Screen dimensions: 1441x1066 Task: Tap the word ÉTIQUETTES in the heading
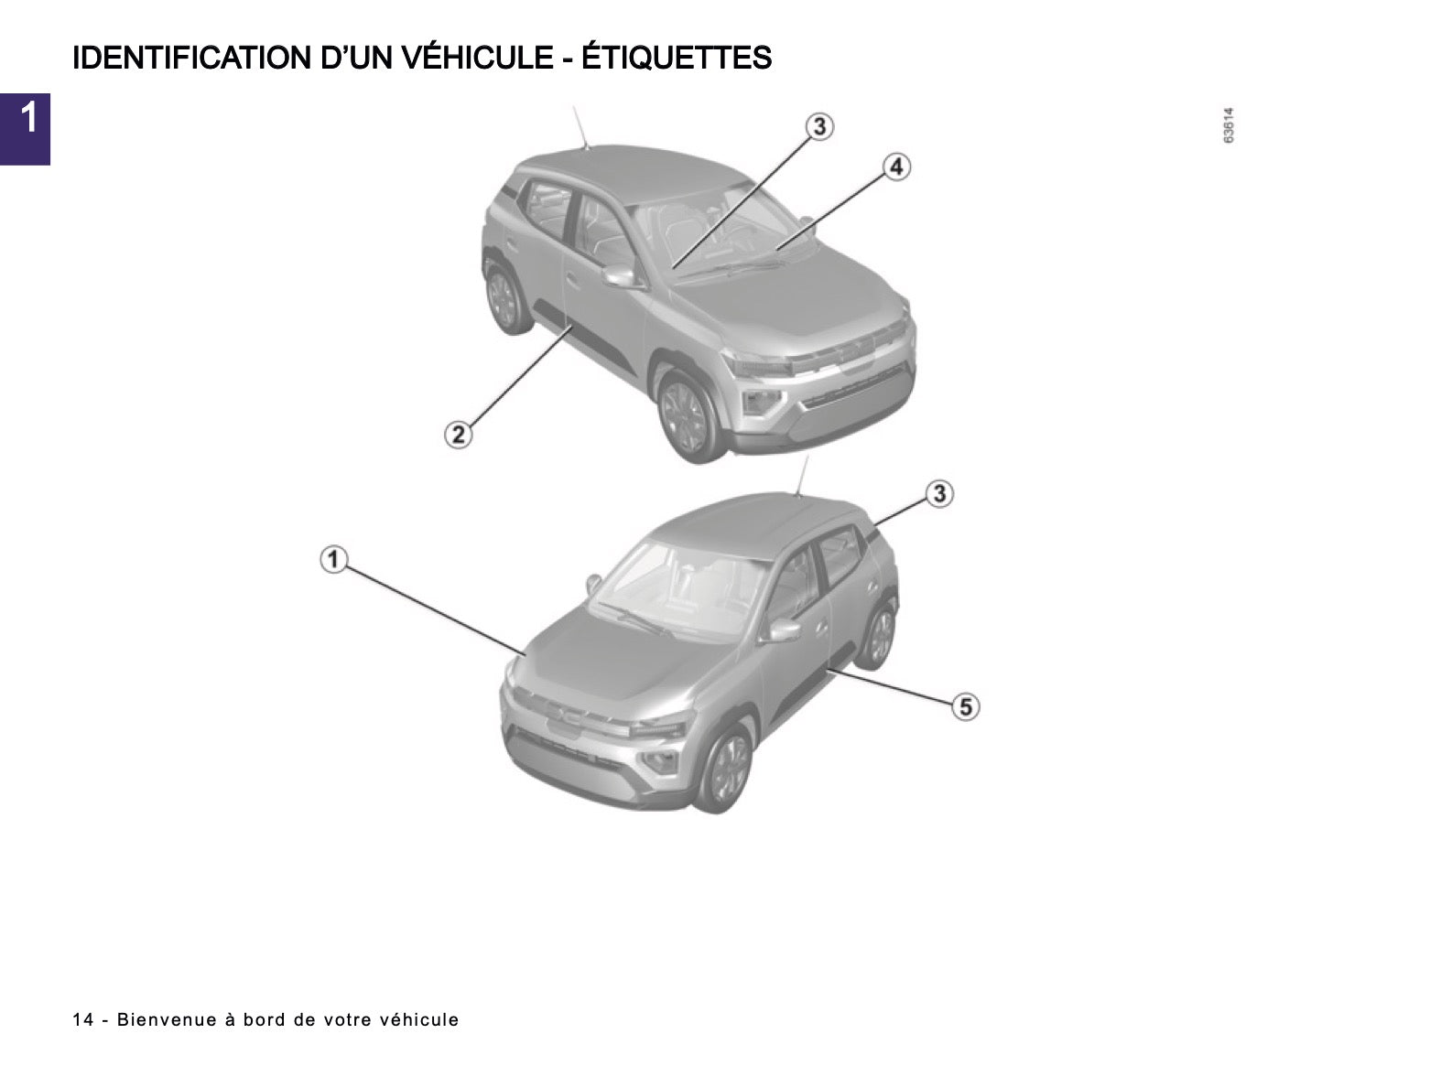(x=677, y=57)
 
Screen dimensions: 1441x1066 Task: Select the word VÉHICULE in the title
(x=478, y=57)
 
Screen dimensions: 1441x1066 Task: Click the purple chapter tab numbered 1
(x=25, y=129)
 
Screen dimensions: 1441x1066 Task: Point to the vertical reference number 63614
(x=1228, y=125)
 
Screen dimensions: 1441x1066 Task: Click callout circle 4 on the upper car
(x=896, y=167)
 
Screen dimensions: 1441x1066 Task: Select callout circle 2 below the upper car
(x=458, y=434)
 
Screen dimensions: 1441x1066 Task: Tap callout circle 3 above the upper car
(x=819, y=126)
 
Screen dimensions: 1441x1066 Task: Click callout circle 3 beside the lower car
(x=939, y=494)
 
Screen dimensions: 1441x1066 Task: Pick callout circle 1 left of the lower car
(x=334, y=559)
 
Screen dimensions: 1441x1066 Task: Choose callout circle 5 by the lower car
(x=966, y=706)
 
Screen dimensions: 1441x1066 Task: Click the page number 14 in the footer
(x=82, y=1020)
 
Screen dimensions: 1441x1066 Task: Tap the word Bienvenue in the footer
(x=167, y=1020)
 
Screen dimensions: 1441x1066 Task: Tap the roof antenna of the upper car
(x=580, y=127)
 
